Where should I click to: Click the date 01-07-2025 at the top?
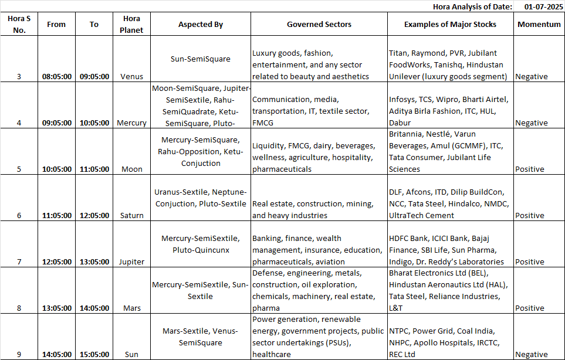pos(539,6)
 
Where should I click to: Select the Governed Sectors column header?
pos(319,25)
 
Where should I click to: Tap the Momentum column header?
pos(539,25)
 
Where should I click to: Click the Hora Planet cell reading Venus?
pos(131,76)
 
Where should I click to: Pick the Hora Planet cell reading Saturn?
pos(131,215)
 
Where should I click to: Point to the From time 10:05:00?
pos(57,169)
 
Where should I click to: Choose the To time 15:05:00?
pos(94,354)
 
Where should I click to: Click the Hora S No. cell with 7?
pos(19,261)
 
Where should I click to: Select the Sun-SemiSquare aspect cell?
pos(201,59)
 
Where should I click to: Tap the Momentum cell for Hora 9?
pos(531,354)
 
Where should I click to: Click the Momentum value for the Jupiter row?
pos(529,261)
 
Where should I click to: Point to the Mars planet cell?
pos(131,308)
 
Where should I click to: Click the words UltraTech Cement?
pos(421,215)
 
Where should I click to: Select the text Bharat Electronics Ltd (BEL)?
pos(438,273)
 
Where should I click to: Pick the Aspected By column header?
pos(201,25)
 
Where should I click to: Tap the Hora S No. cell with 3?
pos(19,76)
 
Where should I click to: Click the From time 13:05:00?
pos(57,308)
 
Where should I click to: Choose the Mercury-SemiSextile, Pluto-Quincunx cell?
pos(201,244)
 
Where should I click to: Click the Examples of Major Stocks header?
pos(450,25)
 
